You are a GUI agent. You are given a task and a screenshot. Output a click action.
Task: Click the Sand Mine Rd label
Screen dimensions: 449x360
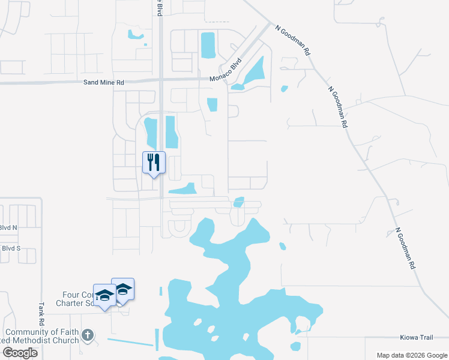click(x=103, y=82)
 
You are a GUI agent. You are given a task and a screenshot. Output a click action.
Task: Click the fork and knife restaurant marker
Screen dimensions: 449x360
click(x=154, y=161)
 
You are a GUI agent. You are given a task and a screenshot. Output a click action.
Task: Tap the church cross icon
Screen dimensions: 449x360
click(x=88, y=335)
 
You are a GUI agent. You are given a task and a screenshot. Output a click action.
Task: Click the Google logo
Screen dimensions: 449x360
click(x=20, y=353)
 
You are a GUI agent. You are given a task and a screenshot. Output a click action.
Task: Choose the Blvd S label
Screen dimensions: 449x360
click(x=11, y=248)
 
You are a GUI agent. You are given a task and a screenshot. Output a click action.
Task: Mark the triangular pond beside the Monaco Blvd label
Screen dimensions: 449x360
click(x=253, y=73)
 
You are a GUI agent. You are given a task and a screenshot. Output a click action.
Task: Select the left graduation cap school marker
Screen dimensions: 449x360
click(x=104, y=295)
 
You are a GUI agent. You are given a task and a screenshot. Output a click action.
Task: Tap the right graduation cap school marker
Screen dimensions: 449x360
click(x=123, y=290)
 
